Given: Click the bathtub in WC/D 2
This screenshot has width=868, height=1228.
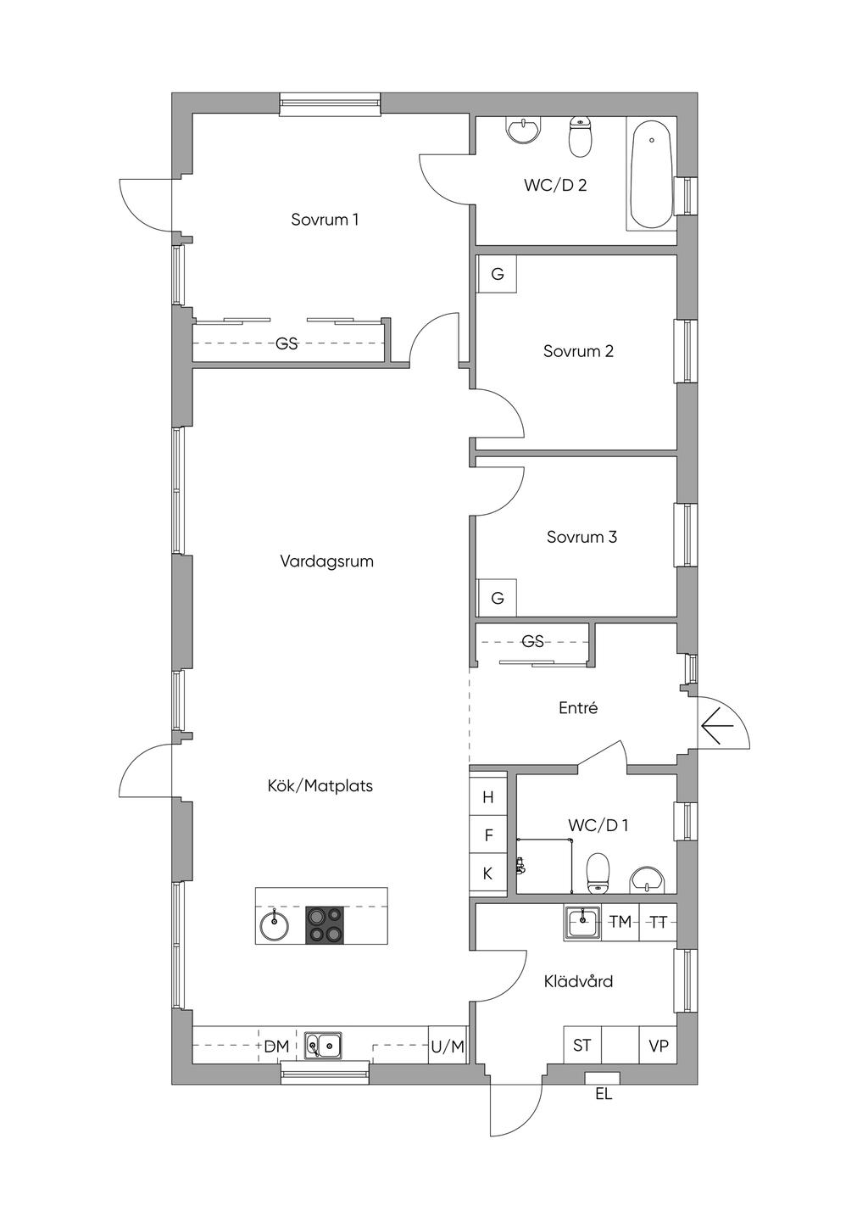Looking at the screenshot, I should tap(652, 174).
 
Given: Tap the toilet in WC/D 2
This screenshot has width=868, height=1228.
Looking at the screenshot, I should tap(580, 137).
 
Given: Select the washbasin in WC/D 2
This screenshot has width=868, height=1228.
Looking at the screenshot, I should tap(523, 131).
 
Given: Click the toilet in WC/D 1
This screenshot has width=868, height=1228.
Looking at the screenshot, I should tap(598, 873).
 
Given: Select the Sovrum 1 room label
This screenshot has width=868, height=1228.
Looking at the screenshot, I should tap(325, 220).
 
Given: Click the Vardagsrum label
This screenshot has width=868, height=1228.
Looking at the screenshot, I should tap(326, 561).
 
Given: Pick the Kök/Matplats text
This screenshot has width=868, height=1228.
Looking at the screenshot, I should tap(320, 786).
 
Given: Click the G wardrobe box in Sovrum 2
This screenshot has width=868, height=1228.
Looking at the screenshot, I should tap(497, 274).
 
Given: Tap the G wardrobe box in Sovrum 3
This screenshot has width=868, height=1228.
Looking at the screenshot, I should tap(497, 598).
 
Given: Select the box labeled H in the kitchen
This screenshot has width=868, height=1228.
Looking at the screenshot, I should tap(488, 797).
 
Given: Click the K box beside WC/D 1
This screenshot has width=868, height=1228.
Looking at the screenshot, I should tap(488, 874).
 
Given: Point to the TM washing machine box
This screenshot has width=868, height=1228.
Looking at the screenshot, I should tap(620, 922).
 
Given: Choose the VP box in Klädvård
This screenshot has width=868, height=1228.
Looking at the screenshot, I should tap(659, 1046).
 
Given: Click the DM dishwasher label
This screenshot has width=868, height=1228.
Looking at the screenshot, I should tap(276, 1047).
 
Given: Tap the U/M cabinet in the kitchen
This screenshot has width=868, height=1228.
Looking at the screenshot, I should tap(448, 1047).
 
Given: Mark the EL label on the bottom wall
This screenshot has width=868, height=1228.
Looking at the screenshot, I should tap(603, 1095).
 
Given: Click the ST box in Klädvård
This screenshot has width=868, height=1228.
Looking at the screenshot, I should tap(582, 1046).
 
